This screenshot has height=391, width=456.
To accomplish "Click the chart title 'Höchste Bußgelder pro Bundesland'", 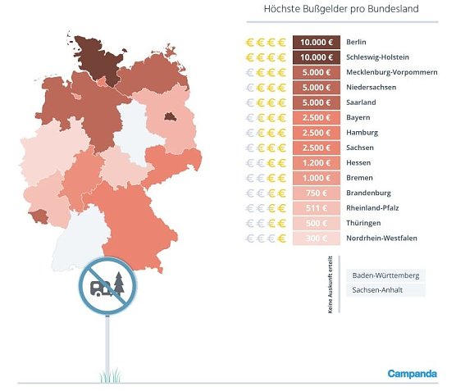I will [340, 10].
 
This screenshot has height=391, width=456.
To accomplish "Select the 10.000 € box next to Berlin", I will [316, 42].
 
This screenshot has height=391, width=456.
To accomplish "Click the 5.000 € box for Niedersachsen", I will [316, 88].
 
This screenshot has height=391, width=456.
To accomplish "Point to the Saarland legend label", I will [362, 102].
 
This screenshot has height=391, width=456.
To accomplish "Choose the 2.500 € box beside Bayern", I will [316, 118].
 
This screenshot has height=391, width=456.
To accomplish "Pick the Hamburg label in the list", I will [362, 133].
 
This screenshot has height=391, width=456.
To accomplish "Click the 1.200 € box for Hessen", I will [316, 163].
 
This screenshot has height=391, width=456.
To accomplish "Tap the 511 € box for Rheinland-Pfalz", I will [316, 208].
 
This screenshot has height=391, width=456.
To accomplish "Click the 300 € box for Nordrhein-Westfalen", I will [316, 239].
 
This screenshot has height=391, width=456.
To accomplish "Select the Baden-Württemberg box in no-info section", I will [385, 275].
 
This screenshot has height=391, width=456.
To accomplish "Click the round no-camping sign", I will [107, 285].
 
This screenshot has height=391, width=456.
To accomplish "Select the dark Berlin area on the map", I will [171, 116].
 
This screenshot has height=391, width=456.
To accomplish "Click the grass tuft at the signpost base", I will [107, 376].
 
